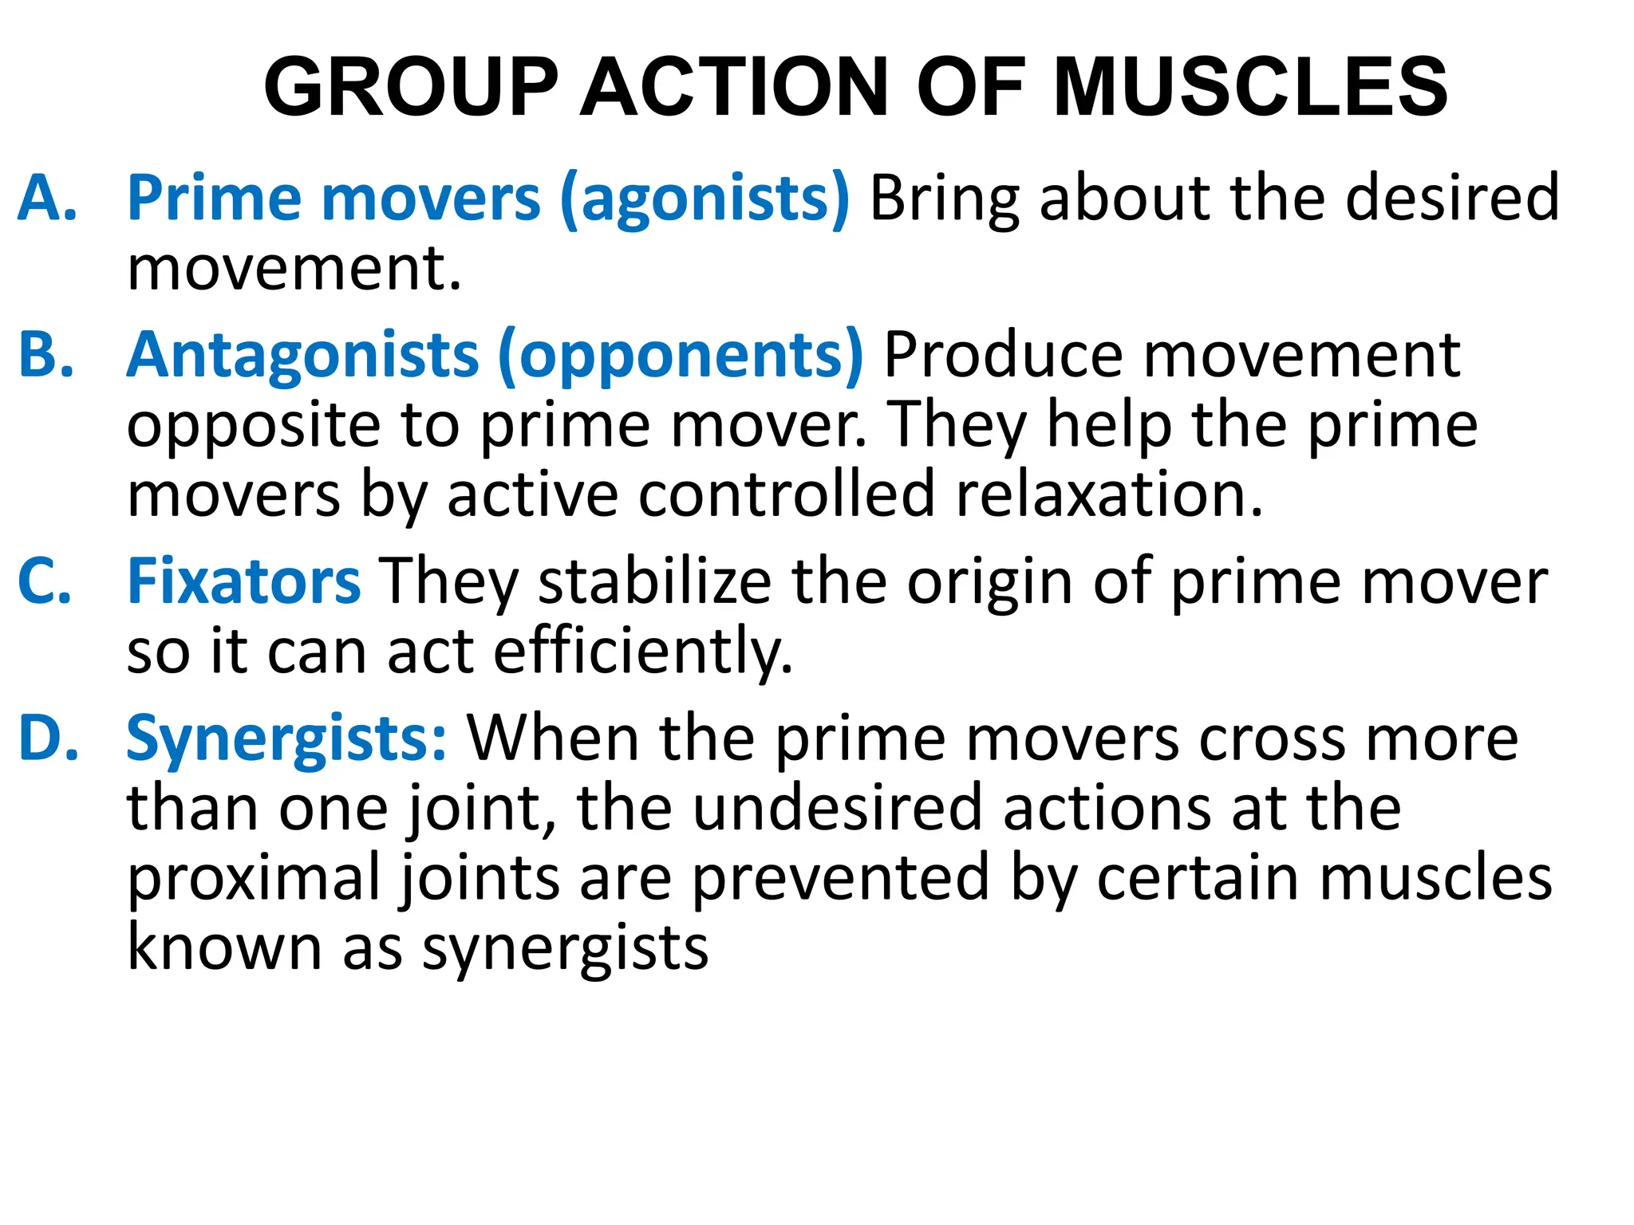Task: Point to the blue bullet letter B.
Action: point(46,354)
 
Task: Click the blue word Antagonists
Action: point(303,356)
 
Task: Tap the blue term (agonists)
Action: point(705,199)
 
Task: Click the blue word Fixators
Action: point(244,581)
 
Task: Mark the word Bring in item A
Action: point(945,199)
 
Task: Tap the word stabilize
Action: point(655,581)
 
